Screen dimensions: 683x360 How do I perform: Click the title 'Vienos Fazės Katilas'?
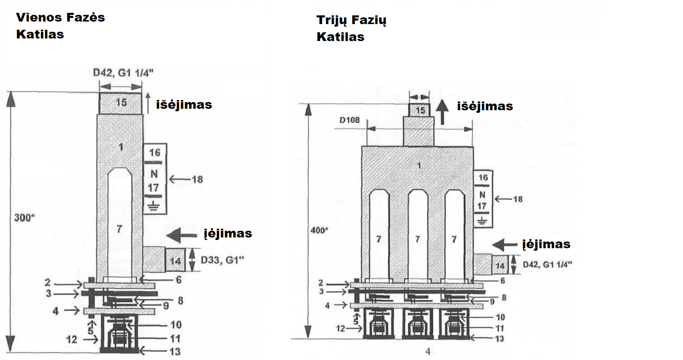61,26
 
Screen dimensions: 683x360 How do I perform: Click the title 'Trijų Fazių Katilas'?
351,28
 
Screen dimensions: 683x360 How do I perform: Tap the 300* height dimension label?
25,217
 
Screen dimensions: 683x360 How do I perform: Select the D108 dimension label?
349,120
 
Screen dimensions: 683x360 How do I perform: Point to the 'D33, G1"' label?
222,259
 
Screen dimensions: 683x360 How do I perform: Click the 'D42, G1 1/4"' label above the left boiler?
123,72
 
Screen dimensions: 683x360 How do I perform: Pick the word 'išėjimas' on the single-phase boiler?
184,105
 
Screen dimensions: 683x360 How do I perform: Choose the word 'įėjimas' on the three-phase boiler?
546,244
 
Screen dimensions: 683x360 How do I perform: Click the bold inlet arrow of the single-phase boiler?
182,235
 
